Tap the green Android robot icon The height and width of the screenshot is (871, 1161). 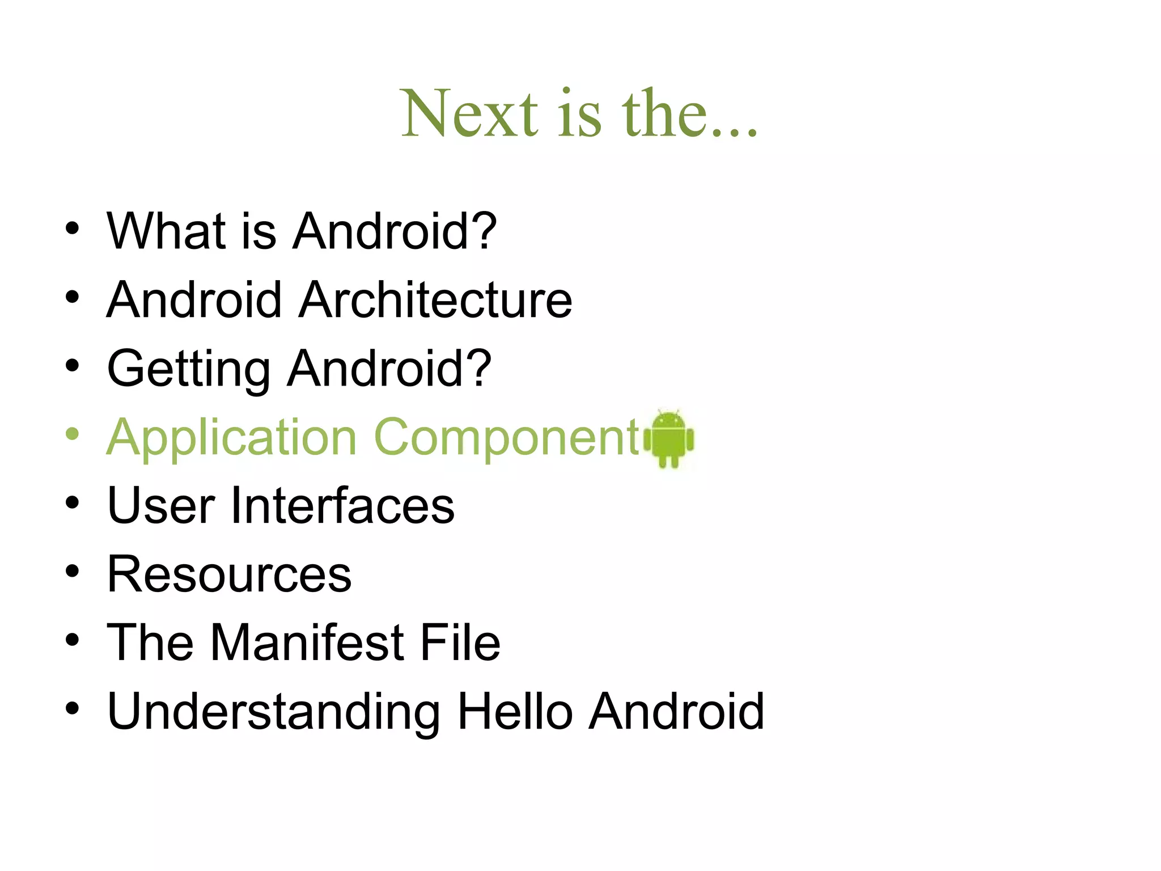(670, 438)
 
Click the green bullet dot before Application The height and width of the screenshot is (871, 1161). (72, 434)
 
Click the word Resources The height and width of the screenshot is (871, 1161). (229, 574)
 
